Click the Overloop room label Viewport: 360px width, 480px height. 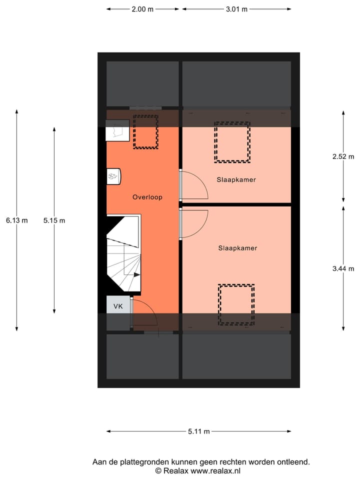147,197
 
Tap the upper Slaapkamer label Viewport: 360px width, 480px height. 236,179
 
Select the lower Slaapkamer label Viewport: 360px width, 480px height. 237,247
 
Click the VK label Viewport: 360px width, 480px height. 118,306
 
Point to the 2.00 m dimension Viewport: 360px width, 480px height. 142,9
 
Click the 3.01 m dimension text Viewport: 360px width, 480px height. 237,9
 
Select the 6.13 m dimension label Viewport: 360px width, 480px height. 16,220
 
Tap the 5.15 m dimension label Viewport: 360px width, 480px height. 54,220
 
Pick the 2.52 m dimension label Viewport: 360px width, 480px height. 343,156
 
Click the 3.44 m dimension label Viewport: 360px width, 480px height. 343,268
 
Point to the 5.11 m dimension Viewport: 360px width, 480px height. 199,431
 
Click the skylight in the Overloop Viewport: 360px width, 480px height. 145,132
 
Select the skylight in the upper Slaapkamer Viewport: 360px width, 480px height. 232,142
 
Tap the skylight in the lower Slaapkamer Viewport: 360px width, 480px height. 236,304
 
